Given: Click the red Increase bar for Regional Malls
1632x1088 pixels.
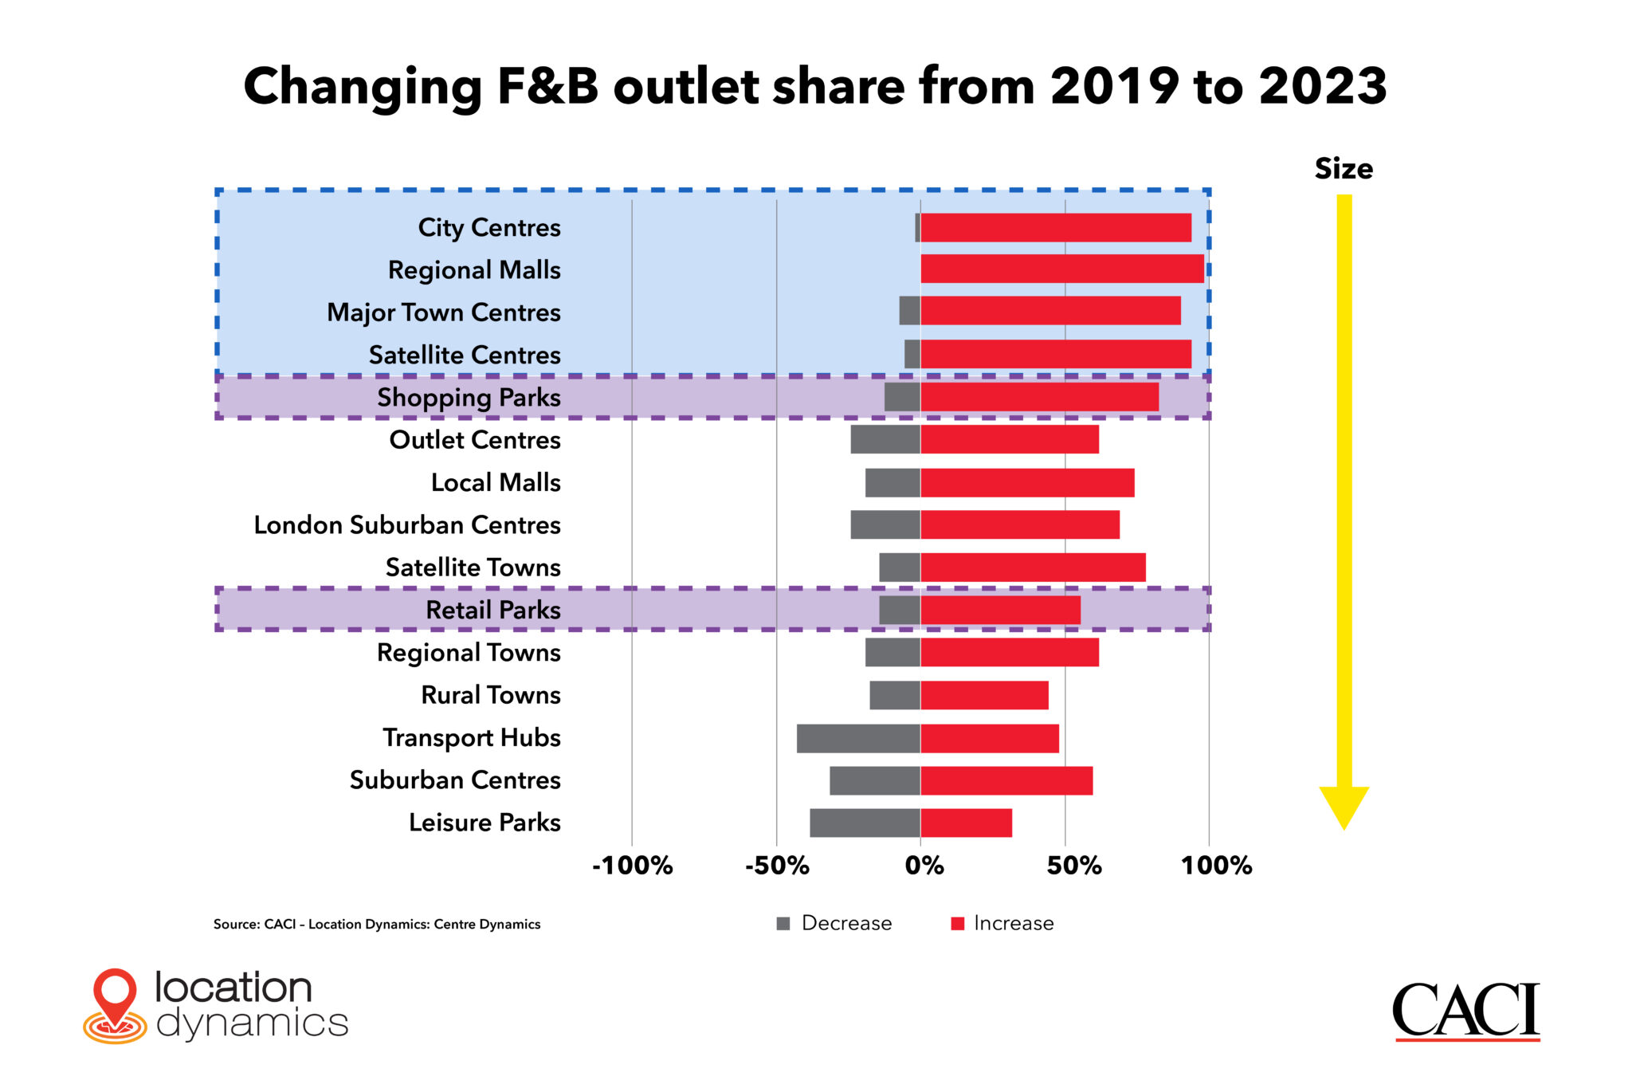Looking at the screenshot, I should pos(1061,269).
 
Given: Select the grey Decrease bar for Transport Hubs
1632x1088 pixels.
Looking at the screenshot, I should pos(858,738).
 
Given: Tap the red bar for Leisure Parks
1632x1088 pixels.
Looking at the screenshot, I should pos(966,823).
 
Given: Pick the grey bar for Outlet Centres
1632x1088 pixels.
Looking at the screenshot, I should pos(885,439).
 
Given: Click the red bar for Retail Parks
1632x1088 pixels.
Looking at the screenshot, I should pos(1000,610).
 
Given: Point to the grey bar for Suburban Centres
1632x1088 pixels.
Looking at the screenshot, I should pos(874,780).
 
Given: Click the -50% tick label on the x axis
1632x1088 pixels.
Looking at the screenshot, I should pos(776,866).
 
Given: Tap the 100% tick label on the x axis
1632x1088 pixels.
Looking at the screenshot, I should pos(1216,866).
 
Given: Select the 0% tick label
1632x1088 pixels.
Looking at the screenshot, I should pos(924,866).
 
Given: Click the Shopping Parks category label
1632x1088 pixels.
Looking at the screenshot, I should pos(469,398).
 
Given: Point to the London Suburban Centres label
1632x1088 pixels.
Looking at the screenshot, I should pos(407,525).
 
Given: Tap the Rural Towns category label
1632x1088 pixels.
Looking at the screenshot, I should pos(490,695).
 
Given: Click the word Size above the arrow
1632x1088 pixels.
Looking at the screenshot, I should pos(1344,169).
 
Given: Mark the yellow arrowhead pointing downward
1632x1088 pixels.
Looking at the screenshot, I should pos(1344,805).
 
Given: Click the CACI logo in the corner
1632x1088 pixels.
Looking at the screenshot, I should pos(1465,1011).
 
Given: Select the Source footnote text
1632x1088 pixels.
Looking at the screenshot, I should pos(376,925).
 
